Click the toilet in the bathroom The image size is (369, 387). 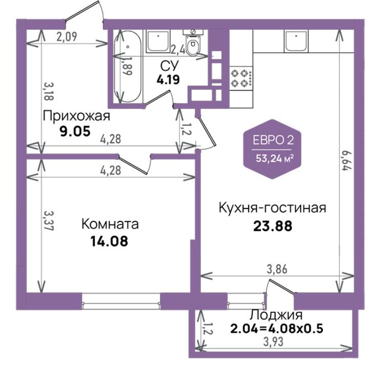193,42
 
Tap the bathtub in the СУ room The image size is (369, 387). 128,66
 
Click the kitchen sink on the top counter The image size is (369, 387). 296,41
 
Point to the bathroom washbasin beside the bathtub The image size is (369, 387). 158,41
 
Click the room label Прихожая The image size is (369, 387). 76,116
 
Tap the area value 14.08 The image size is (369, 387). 109,241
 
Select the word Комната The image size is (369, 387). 110,224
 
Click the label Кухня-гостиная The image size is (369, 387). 272,208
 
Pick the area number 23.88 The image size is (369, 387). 273,226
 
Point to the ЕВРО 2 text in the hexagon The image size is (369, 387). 273,140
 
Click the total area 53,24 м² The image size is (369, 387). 275,158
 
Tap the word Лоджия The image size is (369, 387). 276,315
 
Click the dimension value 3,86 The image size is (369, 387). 277,269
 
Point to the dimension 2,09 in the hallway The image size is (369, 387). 67,36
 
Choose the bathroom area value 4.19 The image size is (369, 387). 168,79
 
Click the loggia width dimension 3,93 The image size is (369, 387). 273,342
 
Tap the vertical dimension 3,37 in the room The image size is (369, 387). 49,221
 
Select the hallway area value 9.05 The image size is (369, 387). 75,131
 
